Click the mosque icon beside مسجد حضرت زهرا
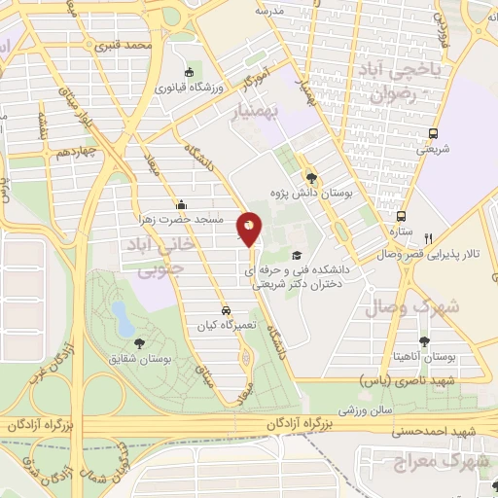[x=181, y=205]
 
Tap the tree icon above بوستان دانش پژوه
[x=311, y=177]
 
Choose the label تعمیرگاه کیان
[x=225, y=326]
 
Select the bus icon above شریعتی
[x=433, y=134]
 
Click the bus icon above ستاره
[x=400, y=217]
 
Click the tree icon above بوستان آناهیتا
[x=424, y=341]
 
